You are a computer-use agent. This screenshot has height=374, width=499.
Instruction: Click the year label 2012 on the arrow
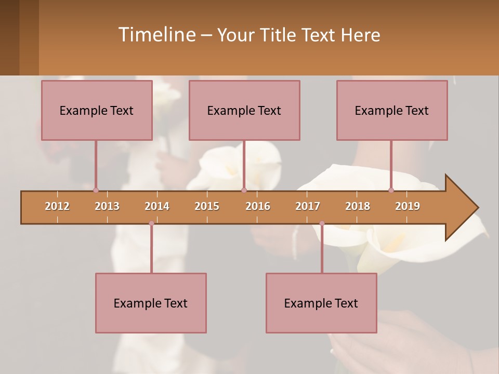tap(57, 206)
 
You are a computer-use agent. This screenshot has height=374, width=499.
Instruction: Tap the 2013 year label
tap(107, 206)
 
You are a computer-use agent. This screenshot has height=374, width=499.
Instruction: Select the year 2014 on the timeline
tap(157, 206)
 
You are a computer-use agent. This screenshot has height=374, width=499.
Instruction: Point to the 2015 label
tap(207, 206)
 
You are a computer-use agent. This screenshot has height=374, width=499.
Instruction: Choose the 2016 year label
tap(258, 206)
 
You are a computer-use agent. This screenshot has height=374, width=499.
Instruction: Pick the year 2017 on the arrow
tap(308, 206)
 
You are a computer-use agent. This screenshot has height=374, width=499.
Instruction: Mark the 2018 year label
tap(358, 206)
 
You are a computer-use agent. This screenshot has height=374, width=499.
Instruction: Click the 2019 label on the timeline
tap(408, 206)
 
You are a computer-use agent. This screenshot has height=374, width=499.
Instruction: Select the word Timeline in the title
tap(156, 35)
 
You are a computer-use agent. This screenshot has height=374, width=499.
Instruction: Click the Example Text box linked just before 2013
tap(97, 110)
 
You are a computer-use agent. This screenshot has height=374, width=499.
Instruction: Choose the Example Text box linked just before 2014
tap(151, 303)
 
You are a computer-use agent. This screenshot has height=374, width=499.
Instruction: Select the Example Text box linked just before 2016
tap(244, 110)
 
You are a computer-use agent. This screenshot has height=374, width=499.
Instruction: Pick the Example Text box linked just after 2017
tap(321, 303)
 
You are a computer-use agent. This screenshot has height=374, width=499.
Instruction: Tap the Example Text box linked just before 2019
tap(392, 110)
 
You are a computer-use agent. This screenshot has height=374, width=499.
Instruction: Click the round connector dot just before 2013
tap(96, 190)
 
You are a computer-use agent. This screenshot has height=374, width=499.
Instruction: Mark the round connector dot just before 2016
tap(244, 190)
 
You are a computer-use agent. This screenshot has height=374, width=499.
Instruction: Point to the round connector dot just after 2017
tap(322, 223)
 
